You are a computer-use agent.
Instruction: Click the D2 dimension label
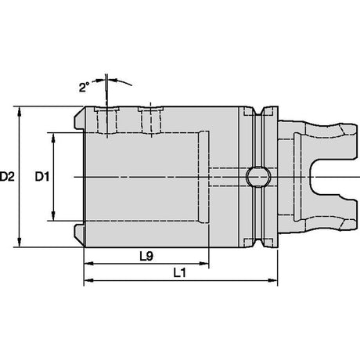[7, 177]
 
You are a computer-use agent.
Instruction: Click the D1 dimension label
[42, 177]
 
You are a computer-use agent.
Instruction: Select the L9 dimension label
[146, 257]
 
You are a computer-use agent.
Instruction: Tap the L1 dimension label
[180, 273]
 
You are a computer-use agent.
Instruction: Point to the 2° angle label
[84, 87]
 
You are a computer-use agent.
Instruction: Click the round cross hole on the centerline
[257, 177]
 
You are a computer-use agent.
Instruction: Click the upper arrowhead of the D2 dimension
[19, 111]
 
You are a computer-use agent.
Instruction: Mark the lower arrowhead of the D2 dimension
[19, 242]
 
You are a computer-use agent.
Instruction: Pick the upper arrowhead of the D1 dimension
[53, 138]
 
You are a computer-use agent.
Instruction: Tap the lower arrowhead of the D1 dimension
[53, 216]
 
